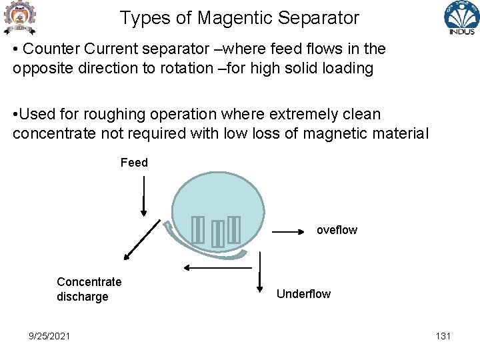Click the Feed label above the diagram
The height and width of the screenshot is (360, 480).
pyautogui.click(x=134, y=163)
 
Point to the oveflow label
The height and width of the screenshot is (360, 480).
pyautogui.click(x=337, y=230)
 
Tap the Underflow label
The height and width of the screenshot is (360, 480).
pyautogui.click(x=303, y=294)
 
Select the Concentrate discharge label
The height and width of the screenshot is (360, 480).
pyautogui.click(x=89, y=289)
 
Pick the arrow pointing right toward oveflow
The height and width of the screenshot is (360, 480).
pyautogui.click(x=288, y=232)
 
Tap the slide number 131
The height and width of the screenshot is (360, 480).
pyautogui.click(x=443, y=336)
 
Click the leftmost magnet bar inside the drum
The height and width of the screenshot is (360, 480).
pyautogui.click(x=197, y=230)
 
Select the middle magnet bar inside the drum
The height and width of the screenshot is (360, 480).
pyautogui.click(x=217, y=234)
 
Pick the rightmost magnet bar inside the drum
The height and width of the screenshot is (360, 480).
pyautogui.click(x=233, y=230)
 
